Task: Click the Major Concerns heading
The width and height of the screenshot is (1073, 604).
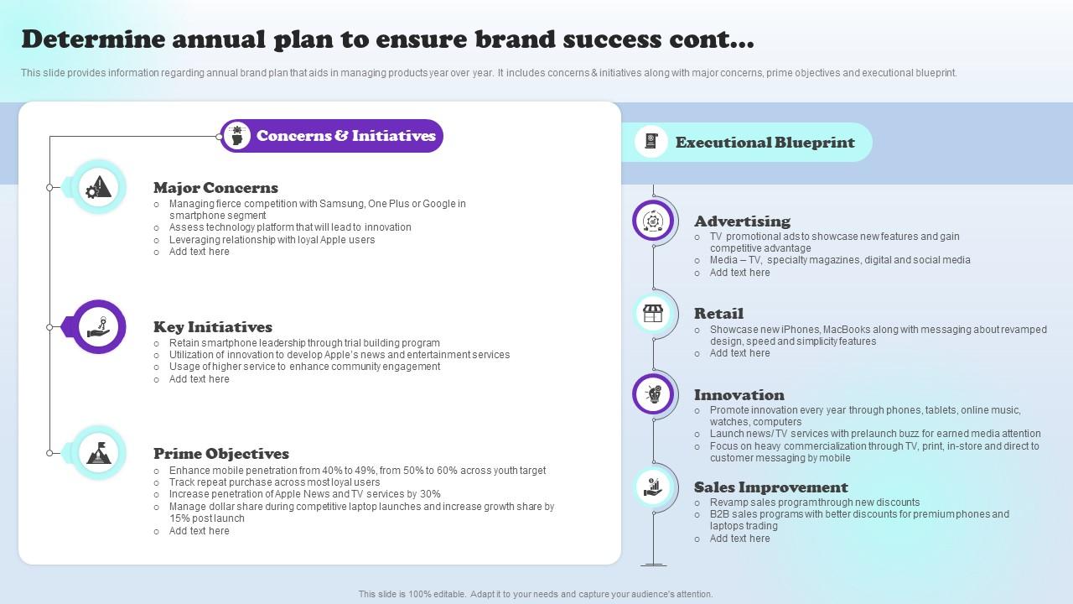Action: tap(215, 187)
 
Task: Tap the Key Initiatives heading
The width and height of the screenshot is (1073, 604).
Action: tap(213, 327)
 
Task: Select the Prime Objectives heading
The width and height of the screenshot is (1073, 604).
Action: tap(220, 454)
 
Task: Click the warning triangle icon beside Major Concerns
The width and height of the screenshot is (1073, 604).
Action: tap(98, 187)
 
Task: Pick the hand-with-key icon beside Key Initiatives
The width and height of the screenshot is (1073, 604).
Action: tap(98, 327)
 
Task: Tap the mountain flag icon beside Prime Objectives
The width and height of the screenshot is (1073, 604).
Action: tap(99, 453)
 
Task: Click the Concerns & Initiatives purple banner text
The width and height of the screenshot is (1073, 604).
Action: tap(346, 136)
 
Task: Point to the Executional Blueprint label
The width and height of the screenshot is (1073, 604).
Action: tap(765, 143)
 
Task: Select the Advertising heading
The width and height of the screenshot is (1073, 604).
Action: tap(742, 221)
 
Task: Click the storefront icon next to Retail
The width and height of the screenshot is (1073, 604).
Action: tap(652, 314)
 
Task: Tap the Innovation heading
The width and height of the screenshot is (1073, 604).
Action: tap(739, 395)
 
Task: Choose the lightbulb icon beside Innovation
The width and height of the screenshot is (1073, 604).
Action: tap(653, 394)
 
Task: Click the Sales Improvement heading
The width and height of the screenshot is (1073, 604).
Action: tap(770, 487)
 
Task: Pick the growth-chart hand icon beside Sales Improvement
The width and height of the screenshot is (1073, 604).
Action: tap(652, 487)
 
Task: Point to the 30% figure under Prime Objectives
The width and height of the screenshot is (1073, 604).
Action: tap(430, 494)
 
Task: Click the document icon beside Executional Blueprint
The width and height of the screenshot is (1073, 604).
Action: tap(651, 142)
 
